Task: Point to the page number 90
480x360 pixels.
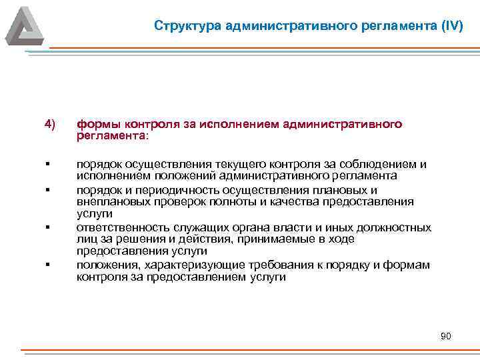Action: coord(446,337)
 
